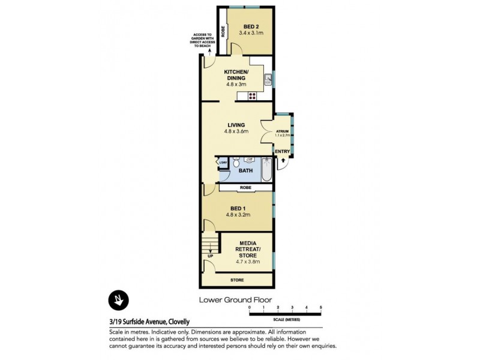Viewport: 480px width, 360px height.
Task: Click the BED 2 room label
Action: point(251,26)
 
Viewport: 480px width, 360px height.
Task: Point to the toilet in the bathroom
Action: point(237,163)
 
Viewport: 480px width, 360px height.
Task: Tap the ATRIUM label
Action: point(282,131)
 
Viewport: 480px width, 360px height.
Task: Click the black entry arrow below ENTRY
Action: point(283,161)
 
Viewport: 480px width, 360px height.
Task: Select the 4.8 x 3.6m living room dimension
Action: point(236,131)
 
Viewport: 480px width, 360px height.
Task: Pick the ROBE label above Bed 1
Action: point(245,188)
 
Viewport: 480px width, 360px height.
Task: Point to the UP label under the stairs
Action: point(209,256)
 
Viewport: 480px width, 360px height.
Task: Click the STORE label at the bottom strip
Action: point(238,280)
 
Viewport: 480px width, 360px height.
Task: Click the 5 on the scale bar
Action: point(321,307)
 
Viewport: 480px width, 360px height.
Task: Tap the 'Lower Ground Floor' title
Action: point(236,299)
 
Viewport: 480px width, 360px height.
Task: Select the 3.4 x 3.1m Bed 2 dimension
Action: point(251,34)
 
